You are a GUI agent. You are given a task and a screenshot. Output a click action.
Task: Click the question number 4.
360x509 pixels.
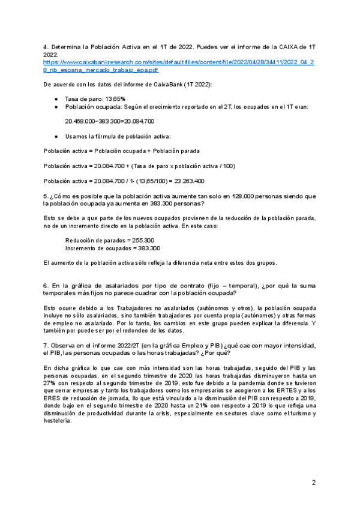pos(46,46)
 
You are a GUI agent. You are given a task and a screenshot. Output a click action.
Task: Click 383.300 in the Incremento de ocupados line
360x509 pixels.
pos(147,248)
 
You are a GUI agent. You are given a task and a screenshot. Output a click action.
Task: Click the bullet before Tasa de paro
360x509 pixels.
pos(56,98)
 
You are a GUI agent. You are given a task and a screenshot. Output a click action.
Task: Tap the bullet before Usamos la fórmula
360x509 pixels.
pos(56,137)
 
